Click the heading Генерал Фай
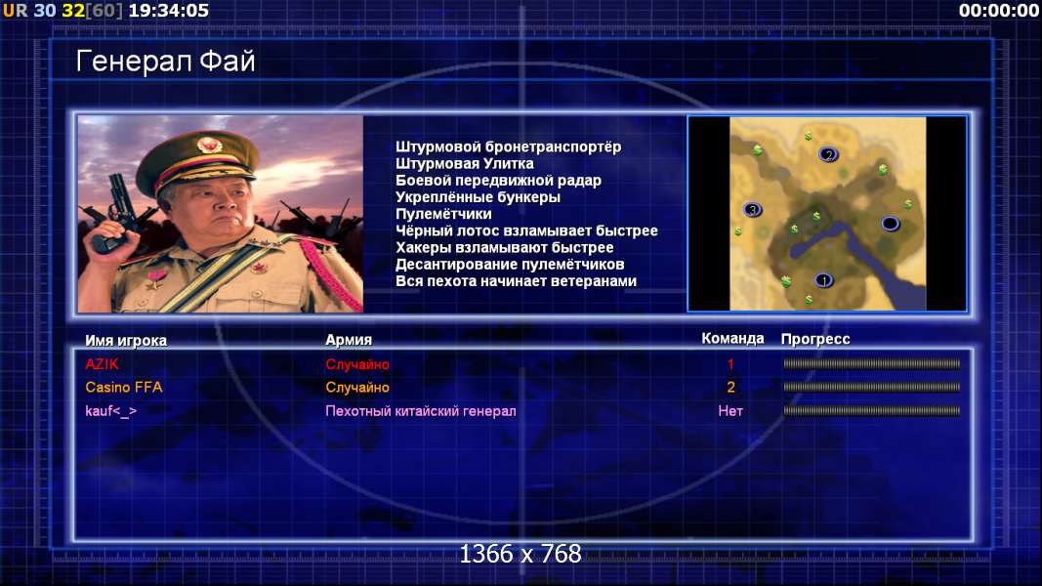(x=165, y=62)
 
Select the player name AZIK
(x=102, y=364)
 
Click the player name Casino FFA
(x=124, y=388)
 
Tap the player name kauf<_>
(x=111, y=411)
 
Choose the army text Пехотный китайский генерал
(x=421, y=411)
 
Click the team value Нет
(x=730, y=411)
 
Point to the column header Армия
(x=349, y=340)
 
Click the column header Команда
(x=732, y=339)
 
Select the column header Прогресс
(x=815, y=340)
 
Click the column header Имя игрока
(x=126, y=341)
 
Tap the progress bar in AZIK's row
(x=871, y=364)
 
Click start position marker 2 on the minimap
(x=828, y=155)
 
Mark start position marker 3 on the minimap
(x=752, y=210)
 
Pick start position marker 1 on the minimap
(x=824, y=280)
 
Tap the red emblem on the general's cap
(x=209, y=145)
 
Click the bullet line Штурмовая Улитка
(x=465, y=164)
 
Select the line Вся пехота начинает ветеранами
(x=517, y=281)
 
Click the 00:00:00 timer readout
(x=999, y=11)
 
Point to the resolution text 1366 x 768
(x=521, y=554)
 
